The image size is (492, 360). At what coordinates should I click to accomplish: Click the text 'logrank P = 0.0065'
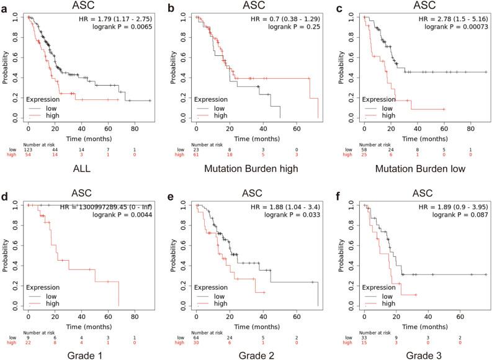124,29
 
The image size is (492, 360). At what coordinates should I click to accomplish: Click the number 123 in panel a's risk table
28,150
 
